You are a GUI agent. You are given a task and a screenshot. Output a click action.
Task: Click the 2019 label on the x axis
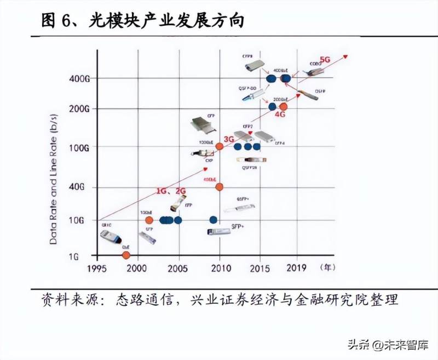tap(297, 268)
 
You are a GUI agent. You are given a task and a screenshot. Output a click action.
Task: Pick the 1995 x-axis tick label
tap(97, 268)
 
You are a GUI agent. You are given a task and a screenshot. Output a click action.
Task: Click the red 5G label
tap(325, 59)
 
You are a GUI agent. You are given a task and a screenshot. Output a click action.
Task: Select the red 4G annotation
tap(280, 116)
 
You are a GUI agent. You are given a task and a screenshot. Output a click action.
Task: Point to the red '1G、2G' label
tap(171, 191)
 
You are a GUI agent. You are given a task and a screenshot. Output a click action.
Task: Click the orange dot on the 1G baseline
tap(126, 255)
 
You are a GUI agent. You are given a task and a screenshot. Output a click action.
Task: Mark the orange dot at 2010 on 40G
tap(220, 187)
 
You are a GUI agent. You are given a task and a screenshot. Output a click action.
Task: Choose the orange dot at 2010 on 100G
tap(220, 146)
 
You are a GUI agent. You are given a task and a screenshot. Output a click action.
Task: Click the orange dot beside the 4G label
tap(283, 107)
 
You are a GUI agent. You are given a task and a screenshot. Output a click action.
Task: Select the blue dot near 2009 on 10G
tap(214, 220)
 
